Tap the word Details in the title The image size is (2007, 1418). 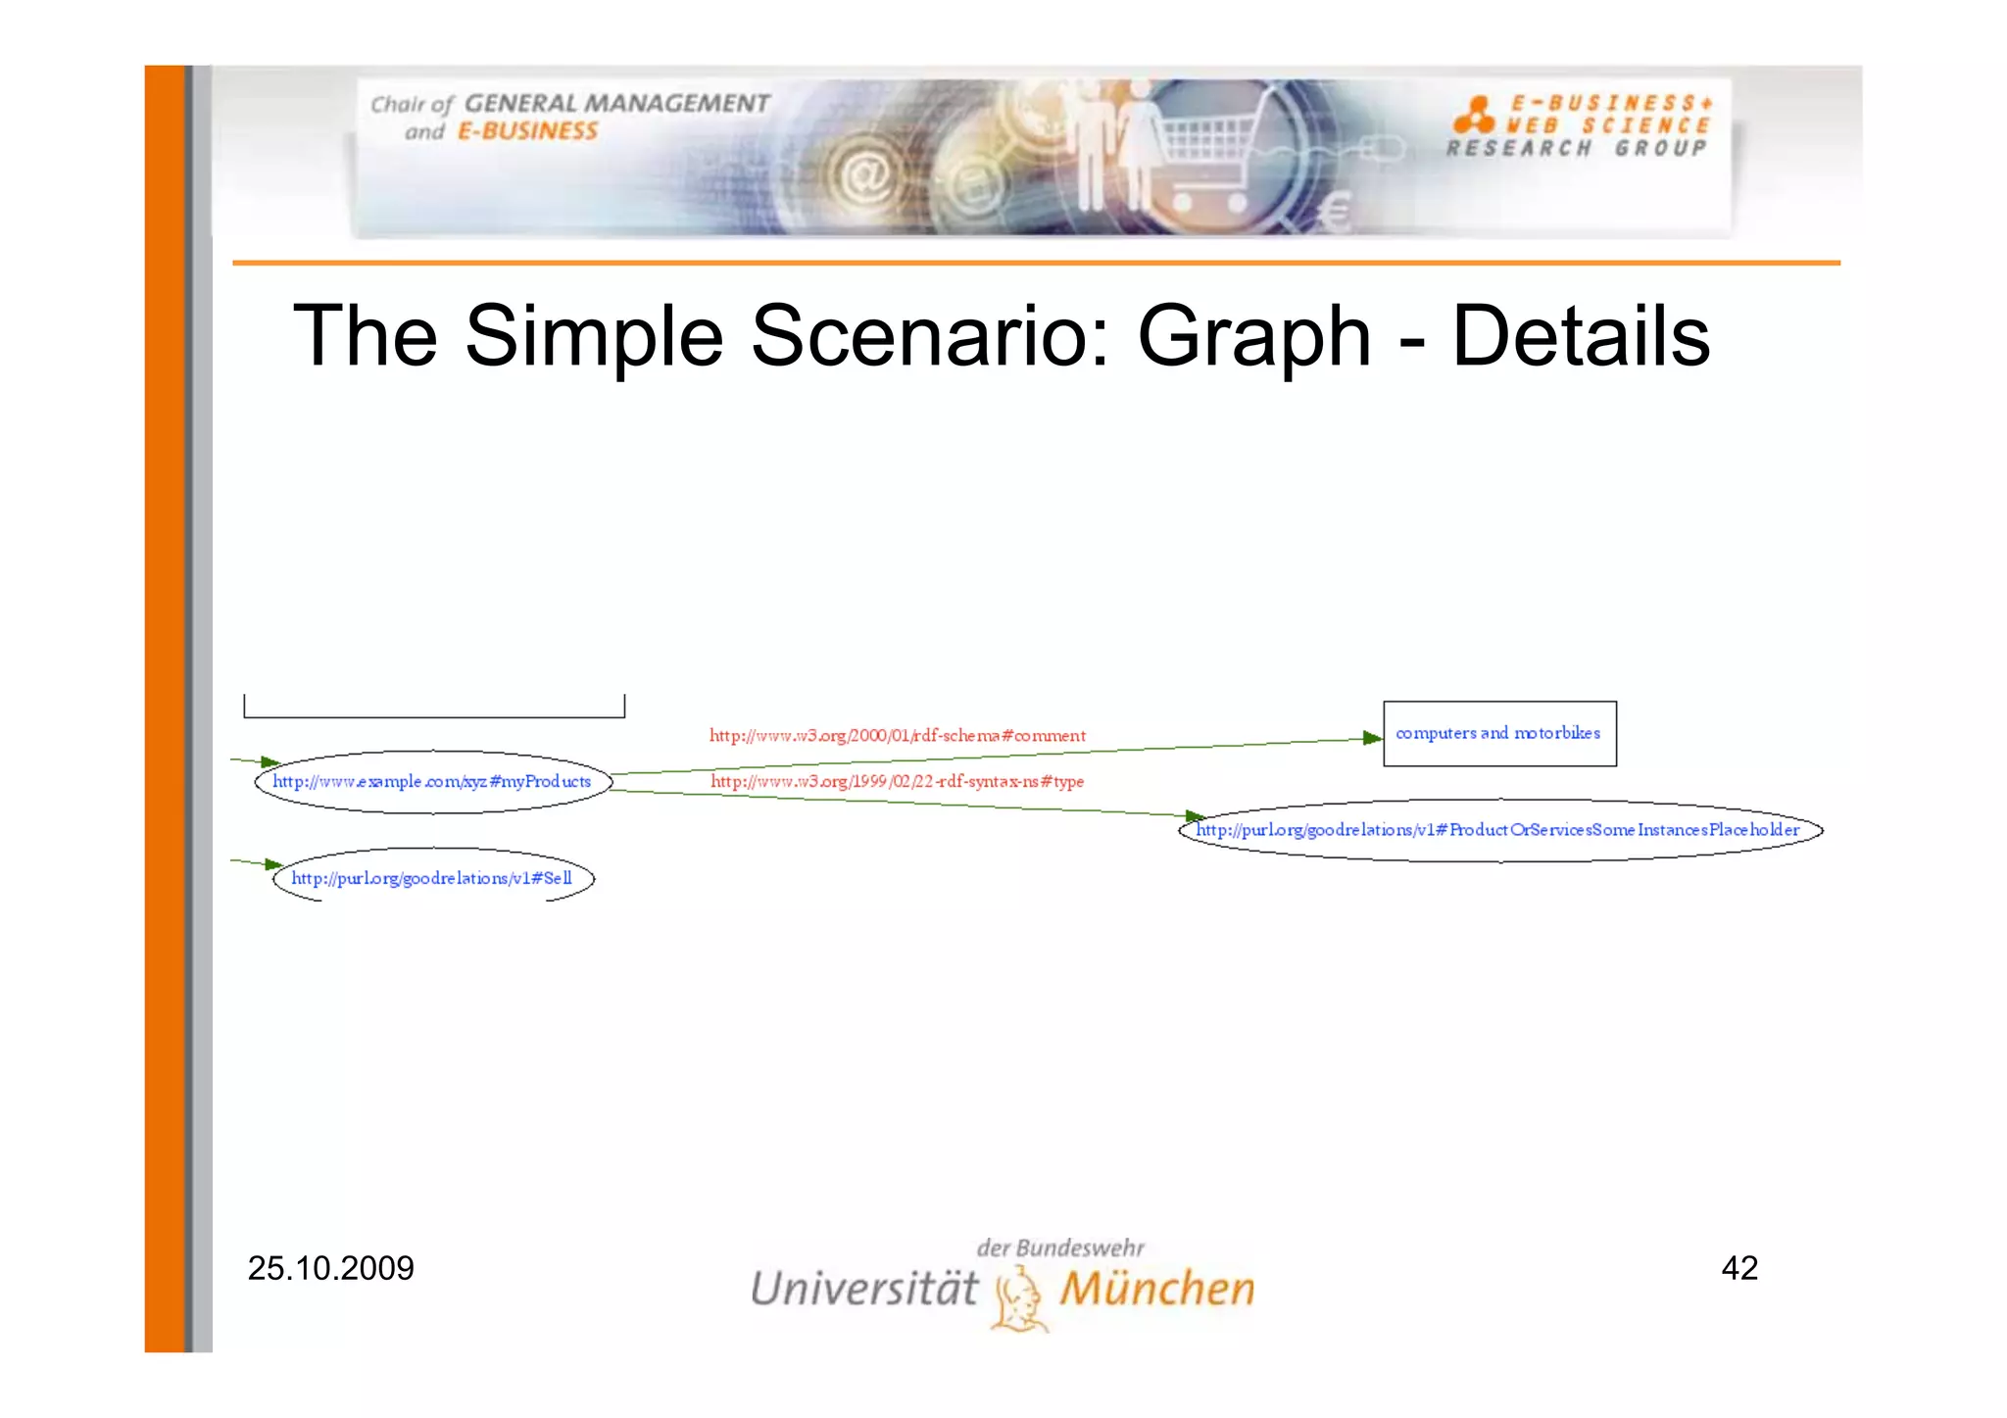pyautogui.click(x=1580, y=336)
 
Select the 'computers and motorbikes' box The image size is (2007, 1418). pyautogui.click(x=1498, y=733)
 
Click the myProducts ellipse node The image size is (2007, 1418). pyautogui.click(x=432, y=781)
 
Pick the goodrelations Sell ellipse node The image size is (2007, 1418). pyautogui.click(x=432, y=877)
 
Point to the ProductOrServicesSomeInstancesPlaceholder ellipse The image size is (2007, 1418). pyautogui.click(x=1498, y=830)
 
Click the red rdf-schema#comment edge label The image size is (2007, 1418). pyautogui.click(x=897, y=735)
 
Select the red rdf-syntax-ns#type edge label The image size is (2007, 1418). pyautogui.click(x=897, y=781)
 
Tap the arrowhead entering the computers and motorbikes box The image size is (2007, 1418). pyautogui.click(x=1373, y=738)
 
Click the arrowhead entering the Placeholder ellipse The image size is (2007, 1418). pyautogui.click(x=1194, y=815)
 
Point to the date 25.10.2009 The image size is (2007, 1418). pyautogui.click(x=330, y=1268)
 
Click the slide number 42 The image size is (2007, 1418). pyautogui.click(x=1738, y=1268)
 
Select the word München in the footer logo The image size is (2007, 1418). pyautogui.click(x=1156, y=1289)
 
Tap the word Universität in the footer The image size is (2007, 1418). pyautogui.click(x=863, y=1289)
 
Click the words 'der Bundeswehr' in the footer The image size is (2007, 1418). pyautogui.click(x=1059, y=1247)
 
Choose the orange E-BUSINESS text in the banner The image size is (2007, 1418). pyautogui.click(x=527, y=131)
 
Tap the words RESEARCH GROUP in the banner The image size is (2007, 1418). pyautogui.click(x=1576, y=148)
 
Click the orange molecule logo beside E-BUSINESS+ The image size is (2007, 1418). pyautogui.click(x=1473, y=115)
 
